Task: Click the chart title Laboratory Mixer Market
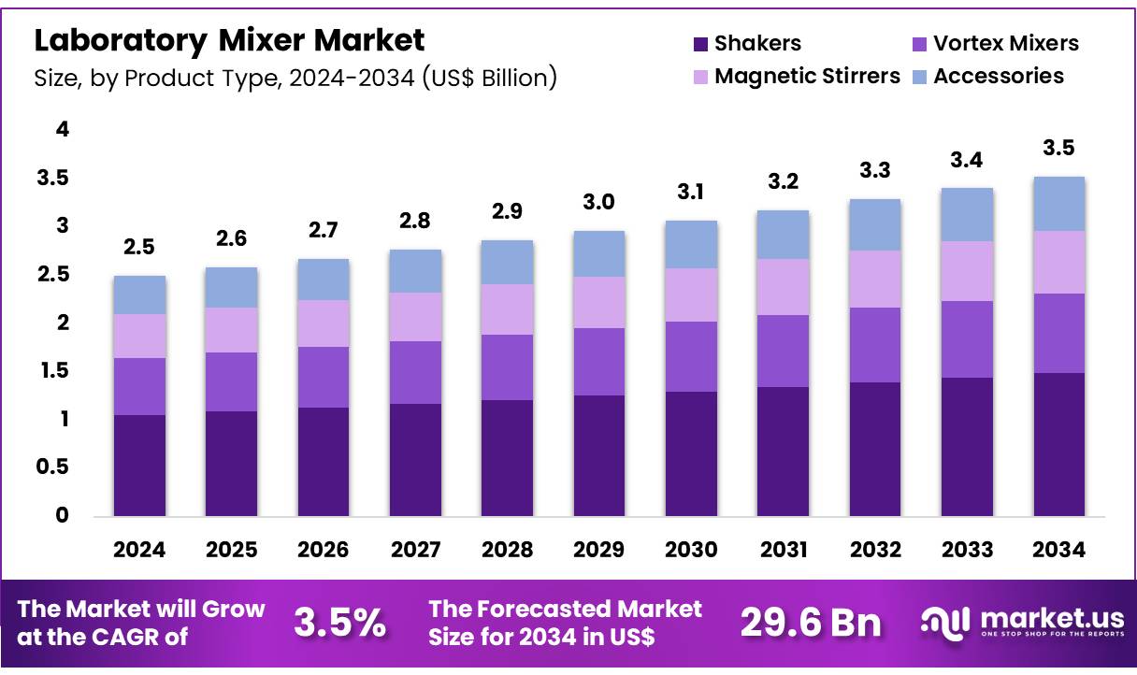pos(230,40)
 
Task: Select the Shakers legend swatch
pos(700,44)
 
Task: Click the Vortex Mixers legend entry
pos(994,44)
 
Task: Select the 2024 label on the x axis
pos(139,550)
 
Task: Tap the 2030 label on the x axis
pos(691,550)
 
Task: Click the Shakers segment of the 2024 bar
pos(139,465)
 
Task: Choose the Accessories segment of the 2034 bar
pos(1058,204)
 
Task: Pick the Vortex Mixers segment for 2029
pos(599,362)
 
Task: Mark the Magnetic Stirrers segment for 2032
pos(875,279)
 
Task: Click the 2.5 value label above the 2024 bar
pos(139,248)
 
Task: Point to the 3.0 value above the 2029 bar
pos(599,203)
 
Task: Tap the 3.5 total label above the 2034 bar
pos(1058,148)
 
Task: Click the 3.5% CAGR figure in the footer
pos(339,623)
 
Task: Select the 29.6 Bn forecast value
pos(811,623)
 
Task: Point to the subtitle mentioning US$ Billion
pos(295,78)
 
